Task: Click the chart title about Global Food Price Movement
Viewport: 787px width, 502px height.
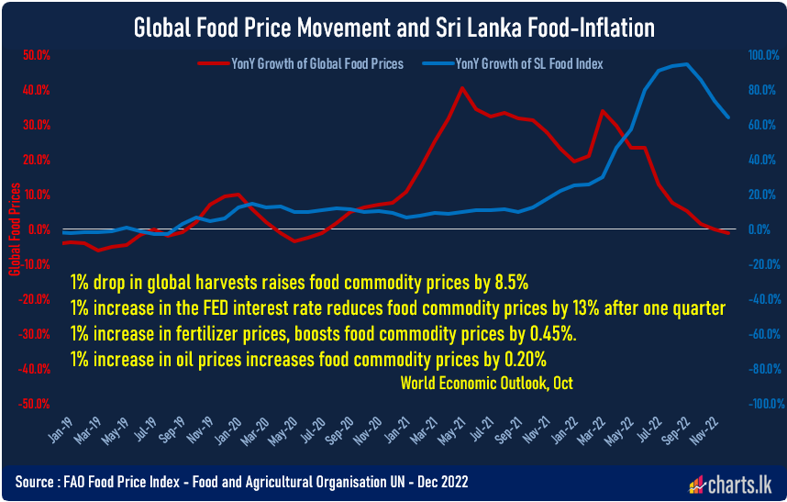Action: (394, 28)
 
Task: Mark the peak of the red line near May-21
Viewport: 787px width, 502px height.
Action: (461, 88)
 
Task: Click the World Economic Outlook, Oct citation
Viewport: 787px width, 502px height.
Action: (486, 383)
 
